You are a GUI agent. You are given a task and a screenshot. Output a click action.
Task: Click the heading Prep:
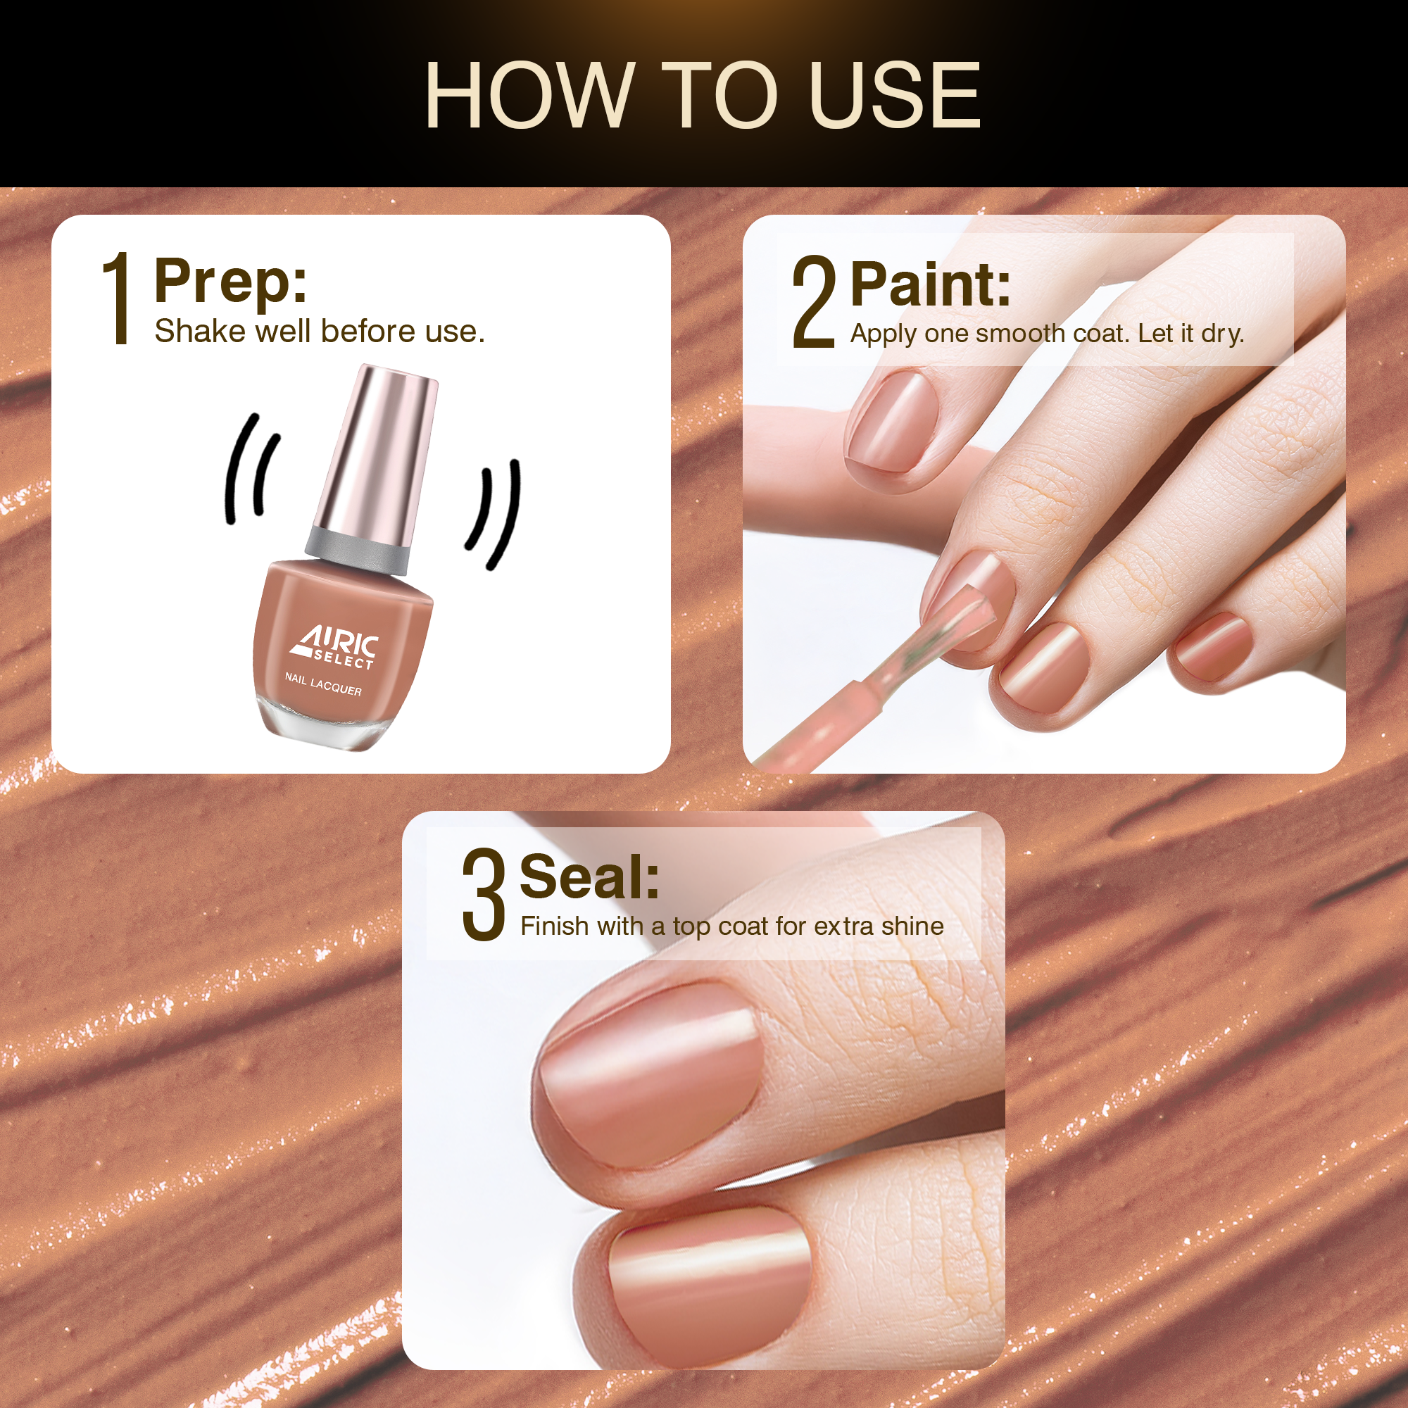pyautogui.click(x=230, y=282)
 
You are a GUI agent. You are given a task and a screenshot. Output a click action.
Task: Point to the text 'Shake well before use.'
pyautogui.click(x=319, y=332)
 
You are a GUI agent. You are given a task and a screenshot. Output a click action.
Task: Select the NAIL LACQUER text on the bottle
pyautogui.click(x=323, y=684)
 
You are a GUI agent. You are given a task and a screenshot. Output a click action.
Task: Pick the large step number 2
pyautogui.click(x=813, y=302)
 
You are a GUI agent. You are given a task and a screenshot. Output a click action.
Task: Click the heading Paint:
pyautogui.click(x=931, y=285)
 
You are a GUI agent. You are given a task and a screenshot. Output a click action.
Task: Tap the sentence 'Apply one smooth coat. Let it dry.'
pyautogui.click(x=1048, y=334)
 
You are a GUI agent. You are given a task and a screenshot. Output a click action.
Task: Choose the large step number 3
pyautogui.click(x=483, y=894)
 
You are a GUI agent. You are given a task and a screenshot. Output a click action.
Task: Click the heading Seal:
pyautogui.click(x=589, y=876)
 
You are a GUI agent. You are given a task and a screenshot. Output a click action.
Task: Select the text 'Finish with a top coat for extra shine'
pyautogui.click(x=731, y=926)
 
